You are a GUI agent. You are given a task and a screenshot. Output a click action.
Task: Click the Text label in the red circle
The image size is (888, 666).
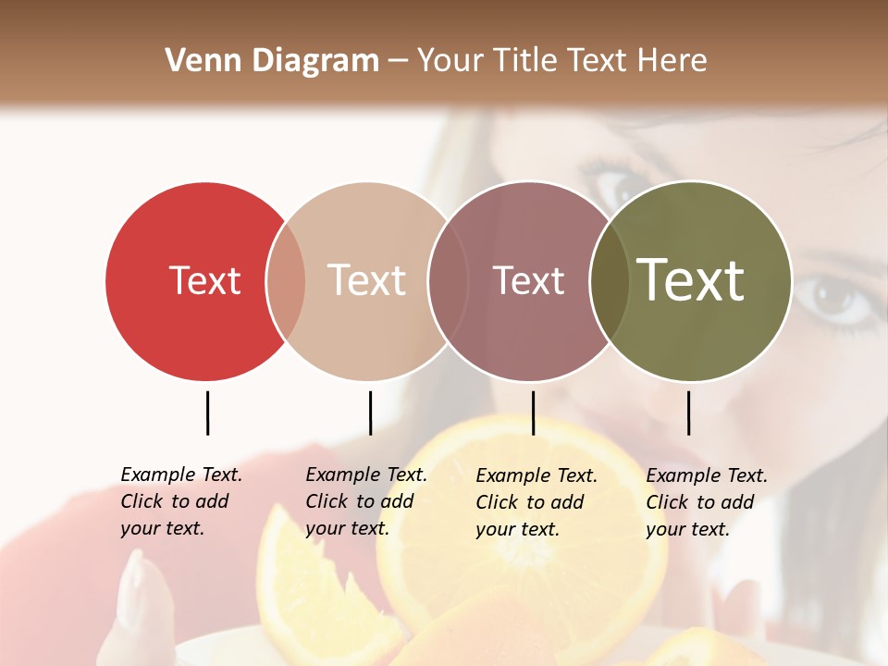tap(204, 280)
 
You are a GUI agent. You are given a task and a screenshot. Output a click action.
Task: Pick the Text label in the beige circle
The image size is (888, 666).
tap(366, 280)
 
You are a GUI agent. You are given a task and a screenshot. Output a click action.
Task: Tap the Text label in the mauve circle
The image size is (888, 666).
tap(528, 280)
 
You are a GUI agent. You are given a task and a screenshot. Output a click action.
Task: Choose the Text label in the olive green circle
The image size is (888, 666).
tap(690, 280)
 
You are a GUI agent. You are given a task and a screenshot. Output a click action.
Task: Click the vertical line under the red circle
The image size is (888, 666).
tap(207, 413)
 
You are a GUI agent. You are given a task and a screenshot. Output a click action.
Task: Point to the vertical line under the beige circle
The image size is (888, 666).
tap(370, 413)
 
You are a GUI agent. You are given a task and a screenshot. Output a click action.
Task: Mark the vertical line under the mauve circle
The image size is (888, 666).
tap(533, 413)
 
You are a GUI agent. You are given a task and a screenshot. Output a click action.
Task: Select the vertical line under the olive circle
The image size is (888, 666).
tap(688, 413)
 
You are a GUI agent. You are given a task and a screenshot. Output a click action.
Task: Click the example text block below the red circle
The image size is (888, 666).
tap(180, 501)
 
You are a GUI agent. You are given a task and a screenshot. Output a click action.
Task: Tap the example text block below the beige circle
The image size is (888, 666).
tap(365, 501)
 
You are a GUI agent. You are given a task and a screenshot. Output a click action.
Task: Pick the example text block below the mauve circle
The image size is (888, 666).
tap(536, 502)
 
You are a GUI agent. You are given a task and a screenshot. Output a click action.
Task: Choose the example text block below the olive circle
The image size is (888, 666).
tap(706, 502)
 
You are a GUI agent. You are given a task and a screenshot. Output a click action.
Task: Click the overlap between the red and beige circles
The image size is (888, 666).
tap(286, 280)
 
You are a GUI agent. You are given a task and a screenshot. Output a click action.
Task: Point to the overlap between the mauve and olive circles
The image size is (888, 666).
tap(610, 280)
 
